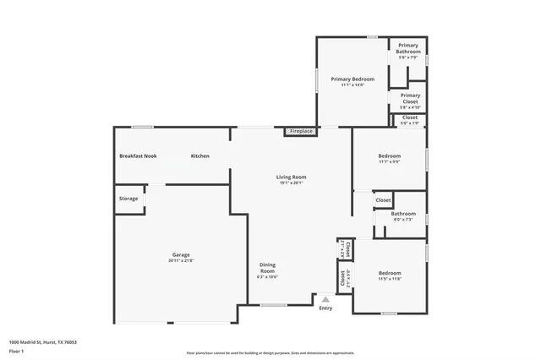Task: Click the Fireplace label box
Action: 302,132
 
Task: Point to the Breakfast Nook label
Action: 138,156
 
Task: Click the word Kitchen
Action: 199,156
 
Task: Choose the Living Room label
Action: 291,177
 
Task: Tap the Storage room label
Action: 128,199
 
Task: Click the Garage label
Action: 181,255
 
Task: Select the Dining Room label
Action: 267,268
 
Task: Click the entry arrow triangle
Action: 325,299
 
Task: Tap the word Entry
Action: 325,308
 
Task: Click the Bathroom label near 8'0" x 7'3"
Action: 402,214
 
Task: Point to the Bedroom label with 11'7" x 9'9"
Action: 390,156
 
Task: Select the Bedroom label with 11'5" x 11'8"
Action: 390,273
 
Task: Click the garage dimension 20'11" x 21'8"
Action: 181,261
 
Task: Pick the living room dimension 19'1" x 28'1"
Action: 291,183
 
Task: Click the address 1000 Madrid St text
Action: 42,342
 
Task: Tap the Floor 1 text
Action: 16,351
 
